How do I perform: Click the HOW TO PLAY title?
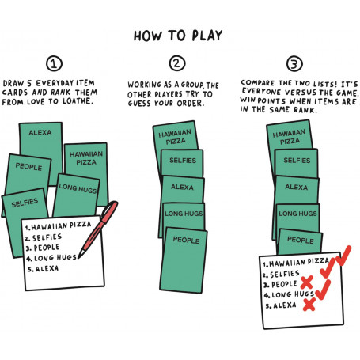click(x=178, y=36)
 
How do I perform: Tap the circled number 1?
click(x=54, y=63)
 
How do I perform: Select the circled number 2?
click(x=177, y=63)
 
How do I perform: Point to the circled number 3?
click(x=294, y=63)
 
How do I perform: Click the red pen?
click(x=98, y=229)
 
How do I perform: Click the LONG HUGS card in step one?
click(x=76, y=195)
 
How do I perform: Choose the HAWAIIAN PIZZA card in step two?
click(x=175, y=136)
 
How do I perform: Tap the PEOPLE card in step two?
click(x=184, y=260)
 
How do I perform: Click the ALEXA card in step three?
click(x=297, y=189)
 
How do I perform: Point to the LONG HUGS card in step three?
click(x=297, y=216)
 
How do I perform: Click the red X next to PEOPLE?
click(x=307, y=282)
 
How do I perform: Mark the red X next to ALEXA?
click(x=309, y=304)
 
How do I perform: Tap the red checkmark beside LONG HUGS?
click(x=323, y=290)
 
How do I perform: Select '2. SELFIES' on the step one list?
click(x=44, y=237)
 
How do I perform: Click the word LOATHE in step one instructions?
click(x=78, y=101)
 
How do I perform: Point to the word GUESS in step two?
click(x=139, y=103)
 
